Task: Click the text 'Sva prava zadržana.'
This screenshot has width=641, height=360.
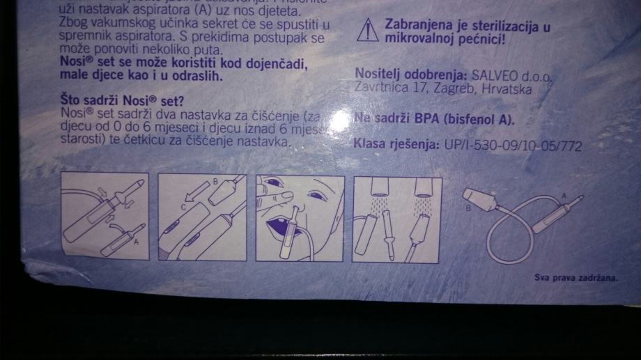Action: tap(566, 276)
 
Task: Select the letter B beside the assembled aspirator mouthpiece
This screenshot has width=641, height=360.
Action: tap(468, 207)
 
